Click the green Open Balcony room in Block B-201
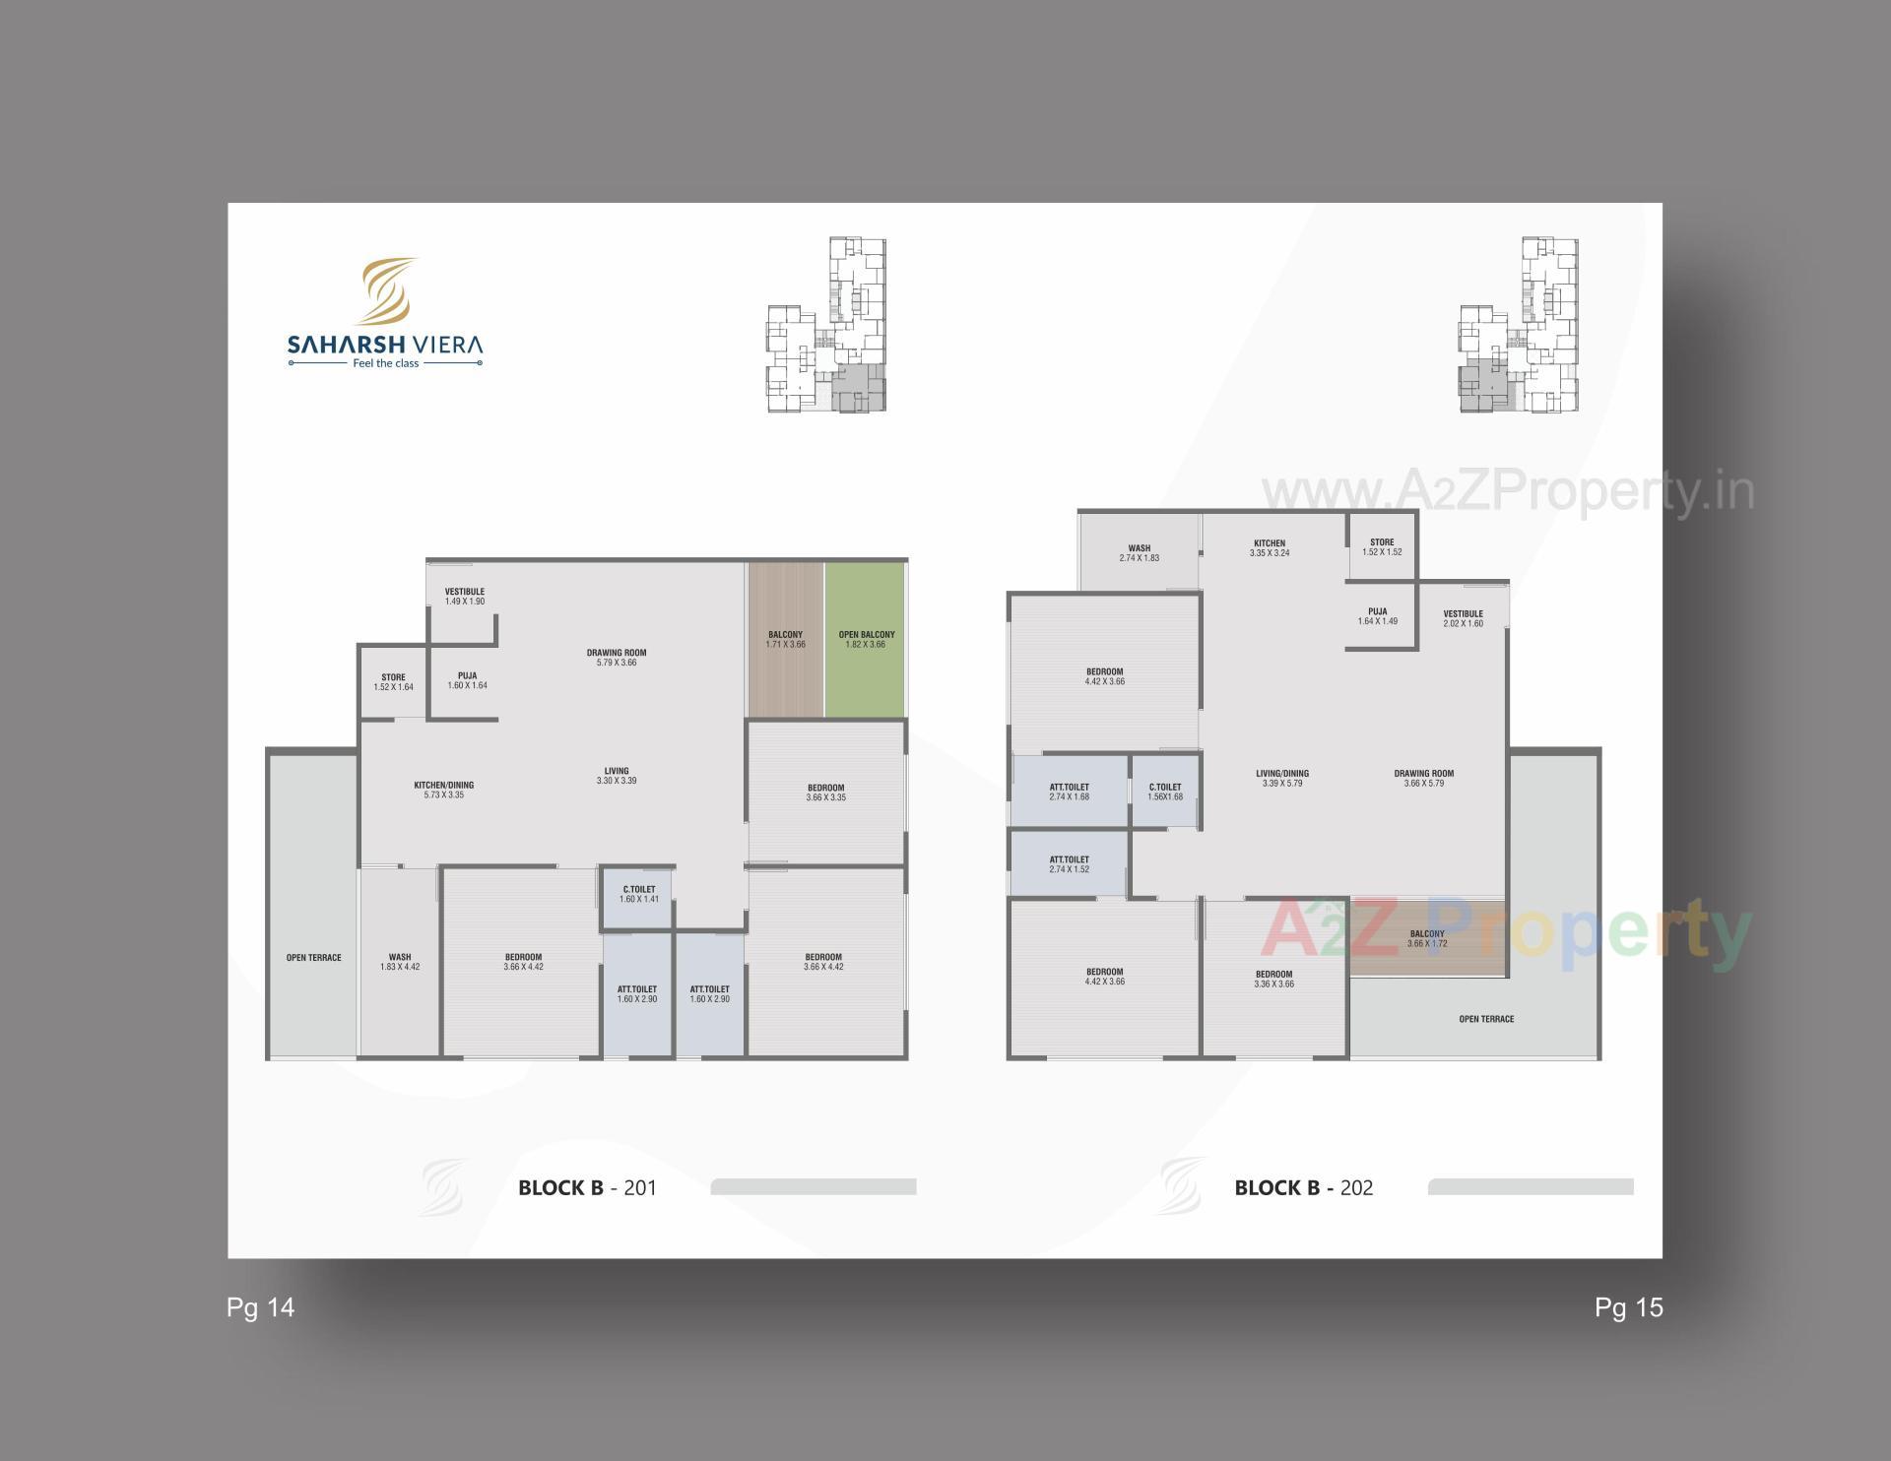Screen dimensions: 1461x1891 [866, 640]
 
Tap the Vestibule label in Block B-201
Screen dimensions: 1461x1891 [465, 597]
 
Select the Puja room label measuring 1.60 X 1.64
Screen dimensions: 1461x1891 [467, 680]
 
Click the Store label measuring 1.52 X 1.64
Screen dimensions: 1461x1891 [393, 681]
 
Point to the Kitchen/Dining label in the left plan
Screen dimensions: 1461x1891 [443, 790]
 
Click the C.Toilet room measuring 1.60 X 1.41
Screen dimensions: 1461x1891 [638, 895]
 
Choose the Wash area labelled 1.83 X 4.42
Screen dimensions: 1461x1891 [400, 962]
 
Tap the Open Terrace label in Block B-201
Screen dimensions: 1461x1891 [313, 958]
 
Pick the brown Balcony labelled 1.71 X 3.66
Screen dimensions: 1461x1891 [785, 640]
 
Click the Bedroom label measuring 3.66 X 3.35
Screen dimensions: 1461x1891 [825, 793]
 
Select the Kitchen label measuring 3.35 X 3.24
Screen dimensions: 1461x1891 [1269, 548]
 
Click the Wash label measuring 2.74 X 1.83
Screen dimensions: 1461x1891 [1139, 553]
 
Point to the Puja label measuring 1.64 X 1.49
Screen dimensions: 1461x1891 [1377, 616]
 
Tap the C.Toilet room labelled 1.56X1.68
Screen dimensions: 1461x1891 [1165, 792]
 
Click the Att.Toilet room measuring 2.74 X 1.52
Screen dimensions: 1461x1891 [1069, 864]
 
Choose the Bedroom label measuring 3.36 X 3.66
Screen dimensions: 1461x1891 [1273, 979]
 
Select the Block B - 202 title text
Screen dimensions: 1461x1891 [1303, 1187]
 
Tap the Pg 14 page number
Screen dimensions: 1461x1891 [260, 1307]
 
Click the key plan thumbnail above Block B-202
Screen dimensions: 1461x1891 [1518, 325]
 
